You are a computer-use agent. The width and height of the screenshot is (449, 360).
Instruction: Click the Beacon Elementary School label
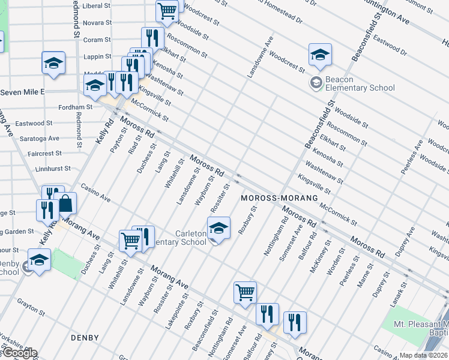point(360,83)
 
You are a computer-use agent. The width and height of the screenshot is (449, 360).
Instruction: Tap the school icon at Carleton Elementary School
point(218,228)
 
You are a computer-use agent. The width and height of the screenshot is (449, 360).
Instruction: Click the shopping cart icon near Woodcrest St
point(167,10)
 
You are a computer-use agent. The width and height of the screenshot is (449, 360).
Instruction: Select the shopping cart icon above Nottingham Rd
point(245,293)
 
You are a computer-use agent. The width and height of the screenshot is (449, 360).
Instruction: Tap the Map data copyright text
point(424,355)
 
